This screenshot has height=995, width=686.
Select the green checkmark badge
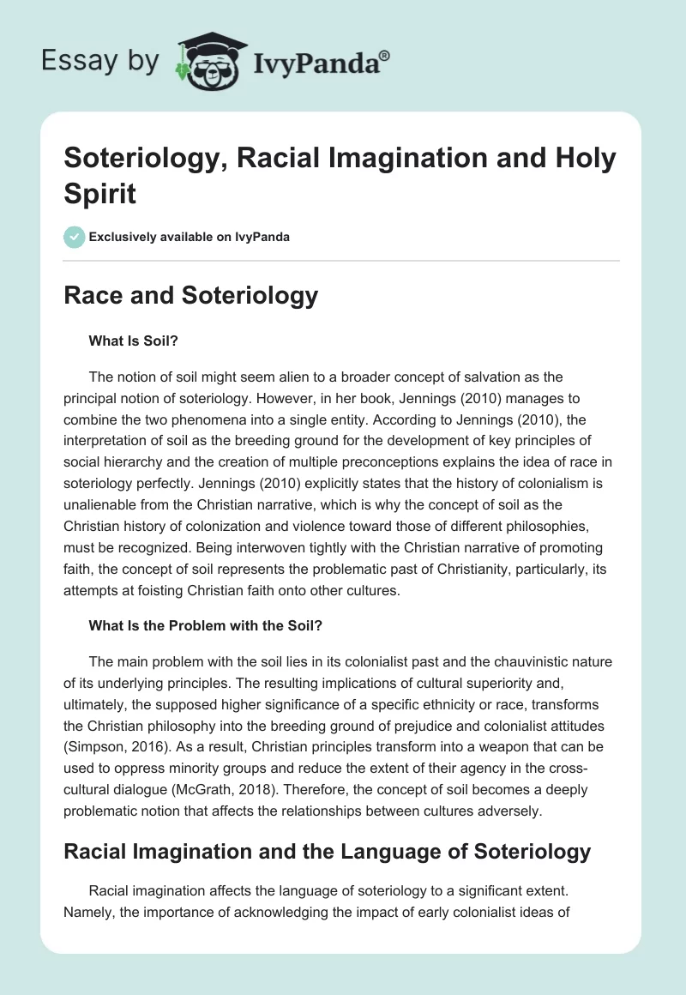pos(75,237)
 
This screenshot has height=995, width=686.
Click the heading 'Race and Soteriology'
pos(190,296)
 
